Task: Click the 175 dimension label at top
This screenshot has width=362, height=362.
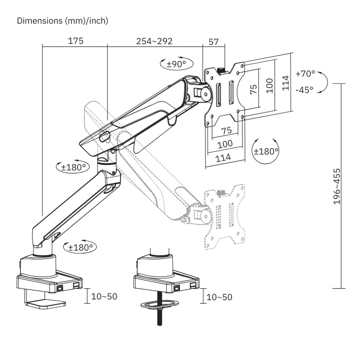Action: (76, 41)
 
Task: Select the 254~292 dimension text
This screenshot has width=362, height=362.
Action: (154, 41)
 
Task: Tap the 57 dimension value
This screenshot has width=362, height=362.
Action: (214, 42)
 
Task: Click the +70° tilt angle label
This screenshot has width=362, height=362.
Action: (305, 74)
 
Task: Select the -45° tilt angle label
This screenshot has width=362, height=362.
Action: (304, 90)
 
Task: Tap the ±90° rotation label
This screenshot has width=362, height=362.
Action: (176, 64)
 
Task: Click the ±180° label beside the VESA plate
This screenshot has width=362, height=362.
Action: (266, 151)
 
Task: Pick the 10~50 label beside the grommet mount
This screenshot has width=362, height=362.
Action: (219, 297)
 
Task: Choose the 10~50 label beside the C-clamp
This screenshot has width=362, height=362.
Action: (104, 296)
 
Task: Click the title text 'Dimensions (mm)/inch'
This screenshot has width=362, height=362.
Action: (63, 21)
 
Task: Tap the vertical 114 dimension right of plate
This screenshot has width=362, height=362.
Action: (286, 83)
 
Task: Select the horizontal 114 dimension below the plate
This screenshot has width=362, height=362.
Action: (224, 157)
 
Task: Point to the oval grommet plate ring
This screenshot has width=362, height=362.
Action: (160, 304)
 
